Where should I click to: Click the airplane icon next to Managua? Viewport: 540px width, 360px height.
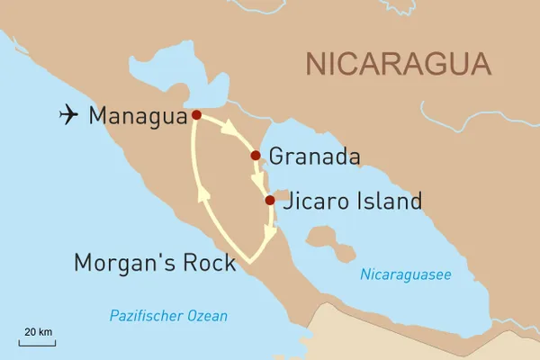[x=67, y=114]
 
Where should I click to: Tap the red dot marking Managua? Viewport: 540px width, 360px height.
[x=196, y=115]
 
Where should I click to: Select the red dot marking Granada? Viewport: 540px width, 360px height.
[x=256, y=156]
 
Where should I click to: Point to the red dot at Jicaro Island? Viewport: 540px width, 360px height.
[x=270, y=201]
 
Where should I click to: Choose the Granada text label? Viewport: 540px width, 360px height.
[x=315, y=157]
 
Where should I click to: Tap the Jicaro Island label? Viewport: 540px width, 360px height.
[x=352, y=202]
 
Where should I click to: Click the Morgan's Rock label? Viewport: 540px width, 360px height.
[x=154, y=263]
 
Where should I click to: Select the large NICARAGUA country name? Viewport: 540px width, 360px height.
[x=399, y=64]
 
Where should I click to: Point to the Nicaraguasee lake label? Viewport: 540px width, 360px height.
[x=405, y=274]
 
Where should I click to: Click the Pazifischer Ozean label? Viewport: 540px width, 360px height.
[x=168, y=316]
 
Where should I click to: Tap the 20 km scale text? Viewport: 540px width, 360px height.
[x=38, y=332]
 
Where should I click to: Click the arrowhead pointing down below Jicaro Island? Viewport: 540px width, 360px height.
[x=270, y=233]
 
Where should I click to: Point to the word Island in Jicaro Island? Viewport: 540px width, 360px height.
[x=388, y=202]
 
